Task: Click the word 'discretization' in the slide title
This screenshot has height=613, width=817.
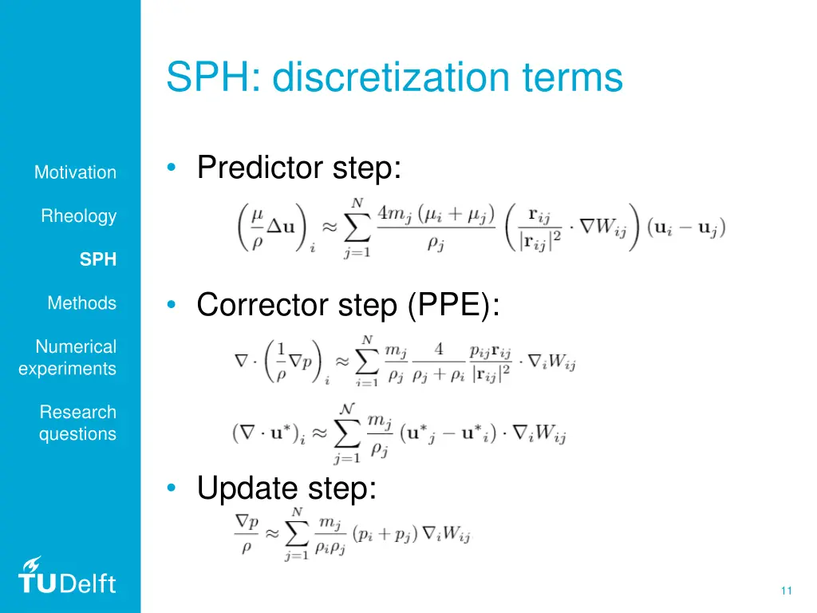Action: (x=391, y=78)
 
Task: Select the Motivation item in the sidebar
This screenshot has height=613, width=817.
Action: (x=75, y=172)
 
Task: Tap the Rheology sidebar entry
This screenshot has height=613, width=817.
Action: (x=79, y=216)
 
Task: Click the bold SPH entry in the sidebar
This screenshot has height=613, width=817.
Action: (x=98, y=259)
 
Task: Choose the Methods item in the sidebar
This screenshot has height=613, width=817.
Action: (x=81, y=303)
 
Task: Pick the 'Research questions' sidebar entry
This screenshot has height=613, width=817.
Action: (x=77, y=423)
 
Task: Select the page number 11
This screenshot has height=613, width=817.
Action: (x=786, y=591)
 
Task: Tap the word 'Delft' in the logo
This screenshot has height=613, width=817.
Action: (x=87, y=583)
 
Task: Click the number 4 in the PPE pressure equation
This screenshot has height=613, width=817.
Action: (x=440, y=350)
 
